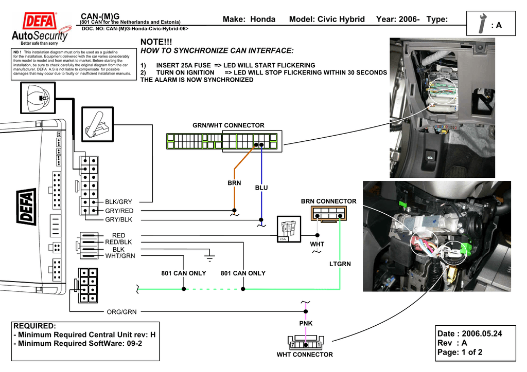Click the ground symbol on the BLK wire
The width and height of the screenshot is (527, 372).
[x=209, y=255]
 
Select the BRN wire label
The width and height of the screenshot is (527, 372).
[x=234, y=183]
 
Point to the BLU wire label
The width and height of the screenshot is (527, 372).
[x=261, y=188]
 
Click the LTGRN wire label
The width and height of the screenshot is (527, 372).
[x=340, y=264]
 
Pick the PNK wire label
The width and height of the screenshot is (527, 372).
[x=306, y=323]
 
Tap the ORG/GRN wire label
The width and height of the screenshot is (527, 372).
[x=121, y=311]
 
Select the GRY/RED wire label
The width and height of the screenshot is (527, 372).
[x=119, y=211]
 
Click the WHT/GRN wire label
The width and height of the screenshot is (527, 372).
[x=120, y=256]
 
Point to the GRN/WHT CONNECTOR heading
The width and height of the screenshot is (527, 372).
[x=228, y=125]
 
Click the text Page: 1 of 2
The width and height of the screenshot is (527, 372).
[x=460, y=352]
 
